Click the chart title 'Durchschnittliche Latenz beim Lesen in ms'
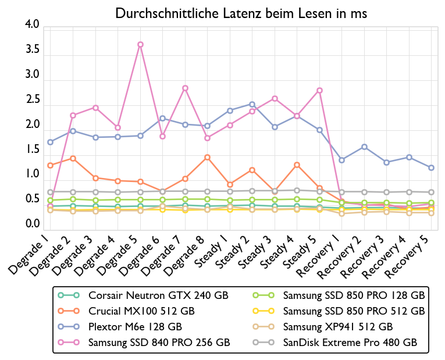coord(241,13)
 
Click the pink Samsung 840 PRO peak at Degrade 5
coord(140,44)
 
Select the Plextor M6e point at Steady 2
coord(252,104)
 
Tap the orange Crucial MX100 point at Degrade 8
coord(207,157)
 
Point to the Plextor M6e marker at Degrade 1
coord(51,142)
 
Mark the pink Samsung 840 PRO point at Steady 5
coord(319,90)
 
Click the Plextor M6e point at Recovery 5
coord(431,167)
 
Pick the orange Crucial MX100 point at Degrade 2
coord(73,158)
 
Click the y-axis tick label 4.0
coord(32,25)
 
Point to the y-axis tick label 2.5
coord(32,100)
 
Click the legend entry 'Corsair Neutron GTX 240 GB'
coord(159,295)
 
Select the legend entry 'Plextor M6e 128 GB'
coord(135,327)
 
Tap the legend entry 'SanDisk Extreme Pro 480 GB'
coord(350,343)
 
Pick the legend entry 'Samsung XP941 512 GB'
coord(338,327)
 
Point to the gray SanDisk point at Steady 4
coord(297,190)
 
